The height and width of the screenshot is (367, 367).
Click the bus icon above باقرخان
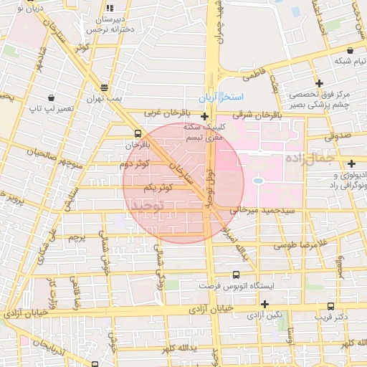[137, 133]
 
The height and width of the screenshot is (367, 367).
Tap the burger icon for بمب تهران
[105, 86]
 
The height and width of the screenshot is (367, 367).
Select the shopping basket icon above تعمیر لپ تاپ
[51, 97]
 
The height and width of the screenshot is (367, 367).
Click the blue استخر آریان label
[221, 97]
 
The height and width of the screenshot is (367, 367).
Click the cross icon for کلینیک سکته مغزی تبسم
[205, 116]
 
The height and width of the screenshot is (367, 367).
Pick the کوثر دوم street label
[135, 164]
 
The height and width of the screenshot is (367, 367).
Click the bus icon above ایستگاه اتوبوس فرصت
[237, 273]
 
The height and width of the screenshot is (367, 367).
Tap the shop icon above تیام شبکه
[350, 51]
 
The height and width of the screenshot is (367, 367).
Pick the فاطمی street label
[254, 74]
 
